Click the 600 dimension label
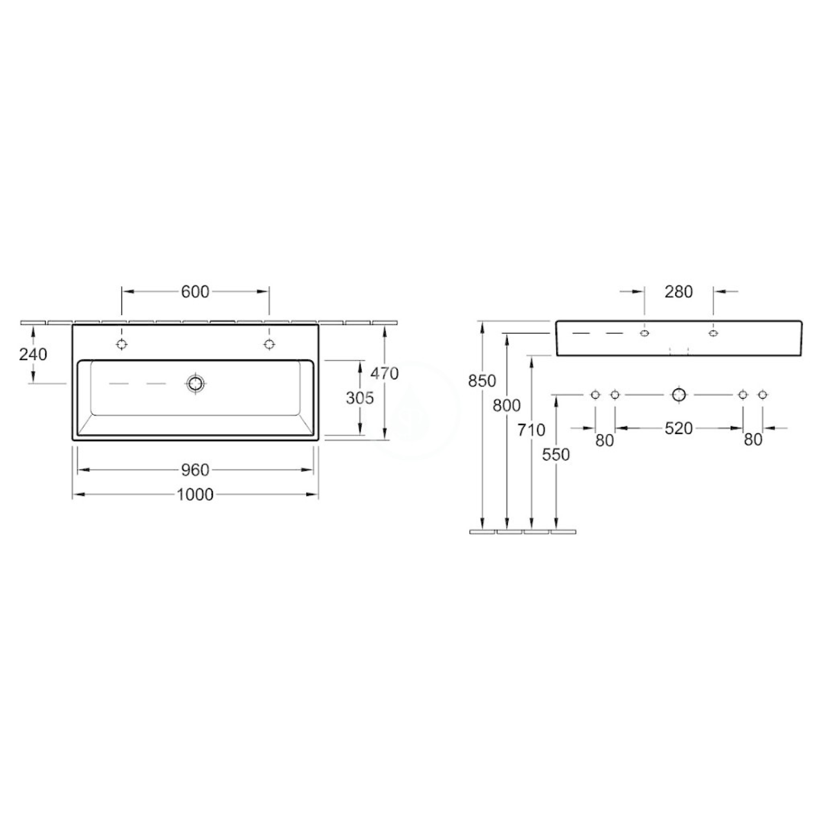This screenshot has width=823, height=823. [195, 292]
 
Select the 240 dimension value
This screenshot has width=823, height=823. [33, 354]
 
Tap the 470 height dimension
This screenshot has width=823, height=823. [384, 374]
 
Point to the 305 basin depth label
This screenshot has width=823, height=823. [359, 397]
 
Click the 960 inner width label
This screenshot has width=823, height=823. [195, 470]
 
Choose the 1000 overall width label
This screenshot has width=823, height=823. [195, 494]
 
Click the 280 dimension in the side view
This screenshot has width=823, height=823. [678, 292]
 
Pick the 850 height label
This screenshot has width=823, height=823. [482, 381]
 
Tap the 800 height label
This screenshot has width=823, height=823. [507, 405]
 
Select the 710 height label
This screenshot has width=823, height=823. [531, 430]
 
